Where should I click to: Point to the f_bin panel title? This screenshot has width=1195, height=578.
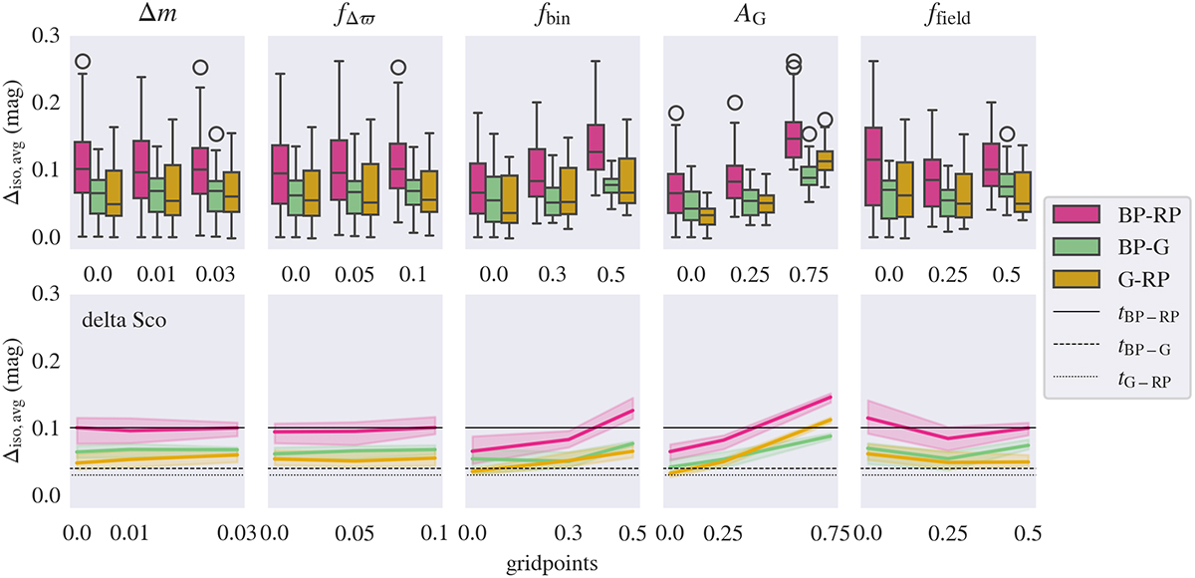tap(551, 16)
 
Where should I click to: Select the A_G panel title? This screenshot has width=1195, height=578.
tap(750, 16)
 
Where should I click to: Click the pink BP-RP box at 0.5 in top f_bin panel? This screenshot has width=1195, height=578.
tap(597, 145)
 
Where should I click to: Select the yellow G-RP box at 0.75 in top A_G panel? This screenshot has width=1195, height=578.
tap(824, 160)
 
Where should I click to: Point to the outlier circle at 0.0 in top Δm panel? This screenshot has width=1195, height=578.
tap(83, 62)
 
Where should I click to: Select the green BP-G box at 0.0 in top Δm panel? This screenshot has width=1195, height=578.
tap(99, 196)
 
